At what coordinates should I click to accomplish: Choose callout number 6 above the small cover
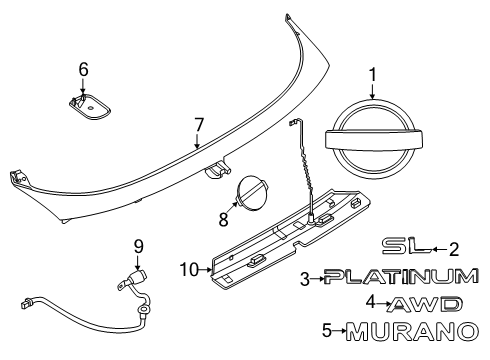[x=84, y=69]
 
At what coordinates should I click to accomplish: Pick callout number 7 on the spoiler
[x=199, y=125]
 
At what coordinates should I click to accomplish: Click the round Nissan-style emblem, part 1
[x=373, y=140]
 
